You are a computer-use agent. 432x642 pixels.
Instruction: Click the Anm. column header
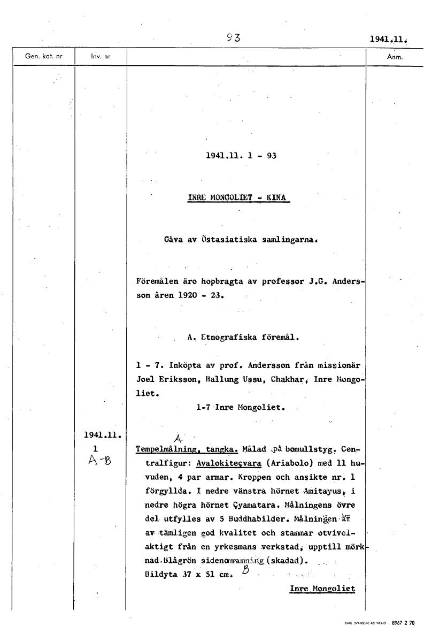pos(394,56)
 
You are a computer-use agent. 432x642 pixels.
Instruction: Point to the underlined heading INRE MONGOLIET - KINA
pos(238,197)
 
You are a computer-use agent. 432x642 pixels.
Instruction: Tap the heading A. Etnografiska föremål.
pos(243,338)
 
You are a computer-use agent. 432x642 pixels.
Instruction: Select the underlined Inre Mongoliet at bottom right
pos(322,588)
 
